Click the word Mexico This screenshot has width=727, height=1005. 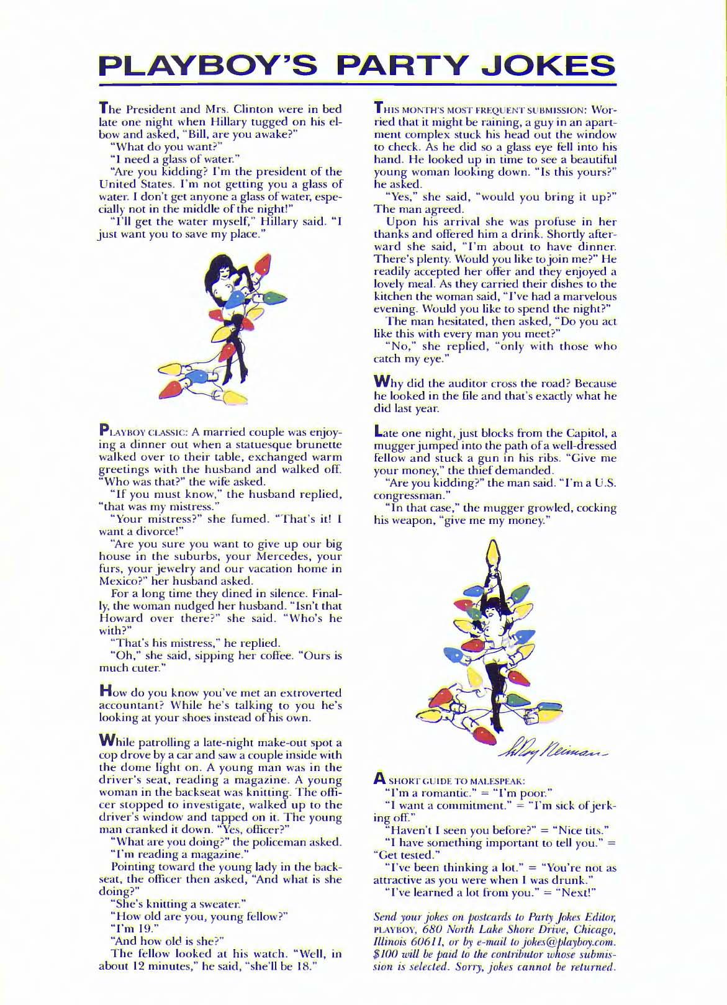click(x=120, y=582)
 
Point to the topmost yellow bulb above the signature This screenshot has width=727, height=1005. click(x=495, y=554)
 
